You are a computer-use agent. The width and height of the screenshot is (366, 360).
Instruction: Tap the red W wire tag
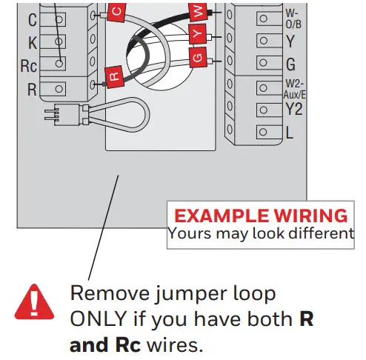click(197, 12)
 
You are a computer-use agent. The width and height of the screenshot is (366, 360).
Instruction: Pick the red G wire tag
click(196, 56)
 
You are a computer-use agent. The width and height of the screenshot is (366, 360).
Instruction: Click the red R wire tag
click(114, 75)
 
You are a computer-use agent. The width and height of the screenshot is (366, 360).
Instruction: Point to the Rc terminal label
click(28, 65)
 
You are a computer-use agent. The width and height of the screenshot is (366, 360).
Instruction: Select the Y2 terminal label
click(294, 110)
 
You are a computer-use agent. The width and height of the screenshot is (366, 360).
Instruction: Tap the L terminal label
click(289, 133)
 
